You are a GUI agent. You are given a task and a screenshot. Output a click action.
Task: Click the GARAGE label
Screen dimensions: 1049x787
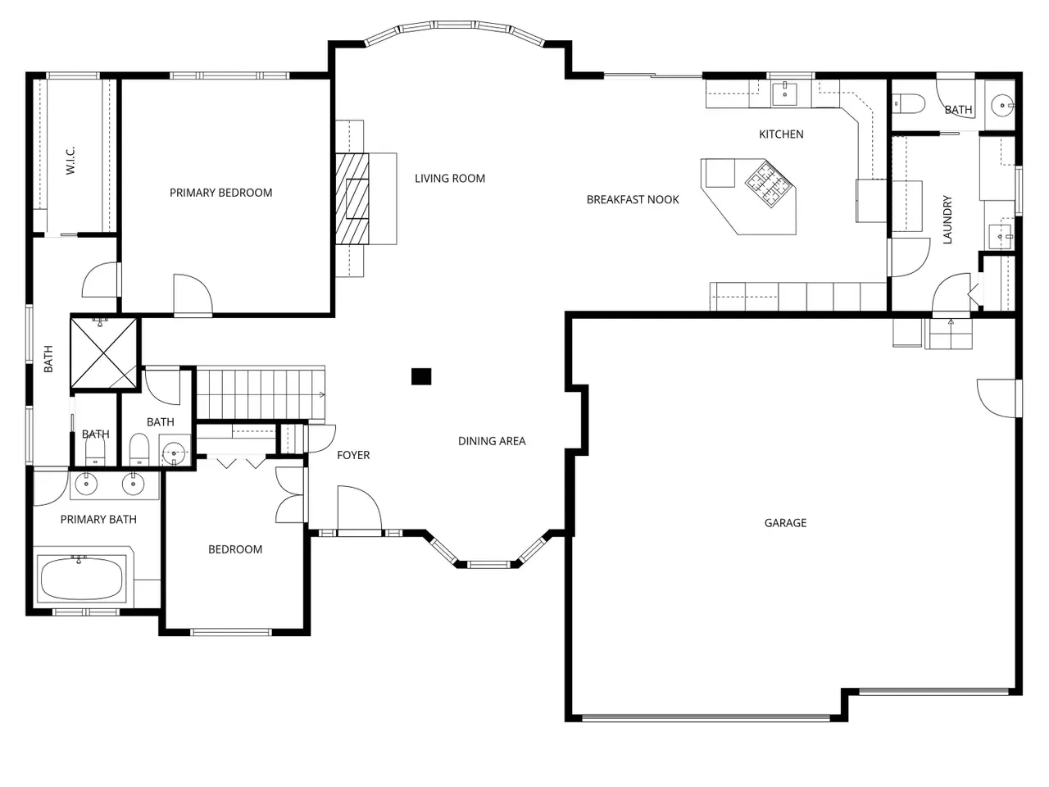pos(785,523)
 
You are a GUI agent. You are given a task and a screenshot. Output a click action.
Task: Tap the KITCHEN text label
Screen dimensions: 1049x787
pos(781,134)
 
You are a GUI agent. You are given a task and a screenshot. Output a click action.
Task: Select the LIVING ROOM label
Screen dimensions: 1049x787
pos(450,179)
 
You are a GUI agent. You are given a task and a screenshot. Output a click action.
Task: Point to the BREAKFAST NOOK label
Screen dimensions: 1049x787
pos(632,200)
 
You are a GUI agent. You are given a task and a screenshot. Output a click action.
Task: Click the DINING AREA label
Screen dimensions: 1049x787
pos(492,441)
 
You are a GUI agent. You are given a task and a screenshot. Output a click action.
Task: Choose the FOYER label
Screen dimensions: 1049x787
pos(353,455)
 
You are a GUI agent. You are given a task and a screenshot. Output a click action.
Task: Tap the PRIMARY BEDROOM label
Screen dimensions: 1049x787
pos(220,193)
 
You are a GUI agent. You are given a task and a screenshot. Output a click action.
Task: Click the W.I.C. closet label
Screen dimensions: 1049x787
pos(70,160)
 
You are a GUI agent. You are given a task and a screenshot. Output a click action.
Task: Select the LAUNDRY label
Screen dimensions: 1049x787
pos(947,220)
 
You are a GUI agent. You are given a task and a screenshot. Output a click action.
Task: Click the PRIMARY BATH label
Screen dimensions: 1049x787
pos(98,520)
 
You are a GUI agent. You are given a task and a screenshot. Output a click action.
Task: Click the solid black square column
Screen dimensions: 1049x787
pos(421,376)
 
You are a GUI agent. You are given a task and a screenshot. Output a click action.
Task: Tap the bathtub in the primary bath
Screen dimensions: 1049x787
pos(82,579)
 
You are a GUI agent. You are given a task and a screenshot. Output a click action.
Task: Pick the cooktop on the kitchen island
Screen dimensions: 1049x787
pos(770,184)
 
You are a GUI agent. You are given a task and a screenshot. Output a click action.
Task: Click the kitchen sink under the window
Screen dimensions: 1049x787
pos(784,93)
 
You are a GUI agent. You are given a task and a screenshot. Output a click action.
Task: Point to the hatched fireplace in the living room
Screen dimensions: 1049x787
pos(352,198)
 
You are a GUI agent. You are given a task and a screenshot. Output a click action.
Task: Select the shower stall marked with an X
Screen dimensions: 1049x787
pos(104,353)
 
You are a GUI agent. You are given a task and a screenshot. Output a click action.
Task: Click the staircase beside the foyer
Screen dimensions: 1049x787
pos(261,393)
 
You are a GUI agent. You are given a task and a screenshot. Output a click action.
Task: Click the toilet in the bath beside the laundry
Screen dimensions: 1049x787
pos(909,104)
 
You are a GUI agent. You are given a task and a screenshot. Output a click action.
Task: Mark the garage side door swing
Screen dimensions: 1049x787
pos(998,398)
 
